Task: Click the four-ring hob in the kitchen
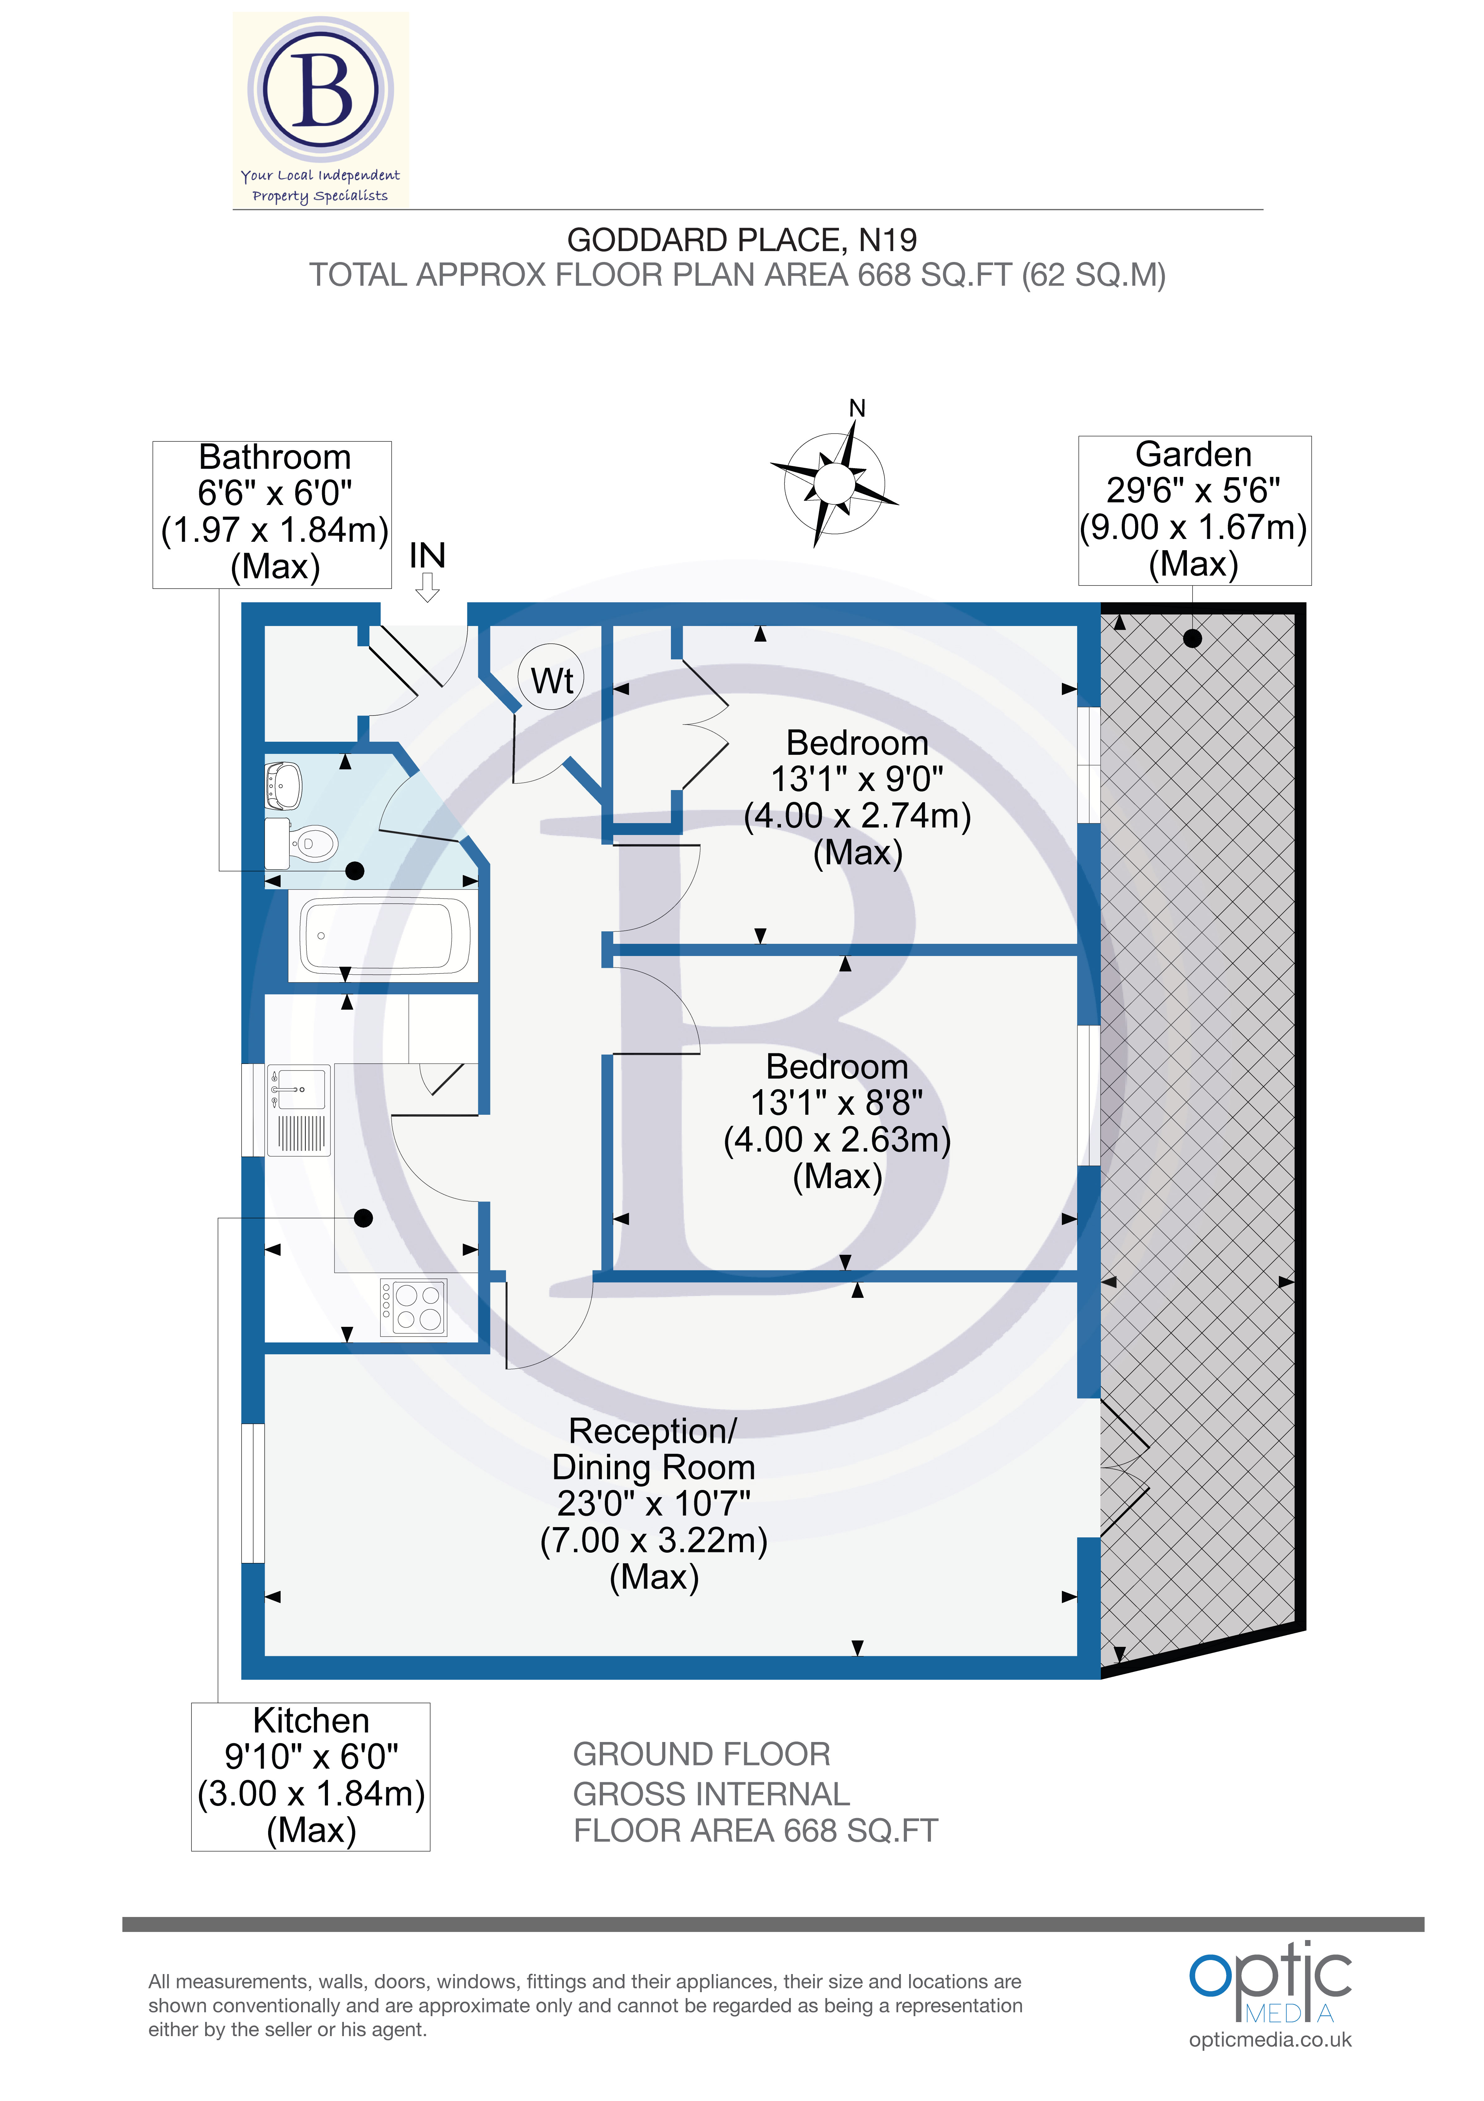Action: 413,1307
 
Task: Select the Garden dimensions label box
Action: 1194,510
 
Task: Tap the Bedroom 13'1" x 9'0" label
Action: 857,797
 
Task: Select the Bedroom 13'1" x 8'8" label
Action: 837,1121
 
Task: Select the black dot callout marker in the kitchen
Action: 363,1218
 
